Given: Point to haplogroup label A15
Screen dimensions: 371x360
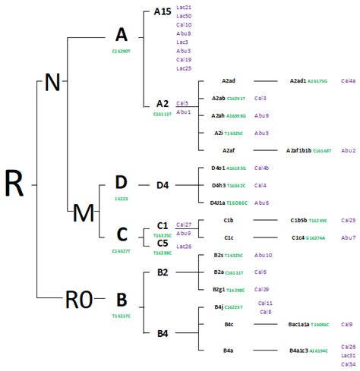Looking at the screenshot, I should click(162, 11).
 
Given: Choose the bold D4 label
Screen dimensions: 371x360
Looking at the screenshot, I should click(163, 184).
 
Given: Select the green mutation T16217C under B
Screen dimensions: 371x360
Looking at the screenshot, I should click(122, 314).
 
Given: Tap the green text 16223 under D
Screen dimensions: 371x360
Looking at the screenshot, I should click(121, 199).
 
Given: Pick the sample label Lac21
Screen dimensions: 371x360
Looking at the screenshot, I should click(184, 7).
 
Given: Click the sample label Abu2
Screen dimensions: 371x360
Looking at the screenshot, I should click(349, 151).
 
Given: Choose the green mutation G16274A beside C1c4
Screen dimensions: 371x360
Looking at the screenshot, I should click(321, 237).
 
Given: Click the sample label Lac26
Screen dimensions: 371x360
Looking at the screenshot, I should click(184, 246).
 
